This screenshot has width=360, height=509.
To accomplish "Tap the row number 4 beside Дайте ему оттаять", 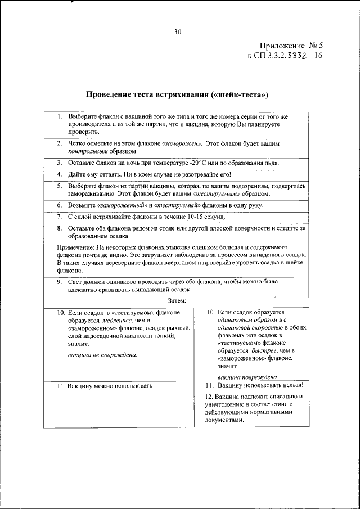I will [x=60, y=174].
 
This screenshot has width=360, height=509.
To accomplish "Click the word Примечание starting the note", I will [x=76, y=247].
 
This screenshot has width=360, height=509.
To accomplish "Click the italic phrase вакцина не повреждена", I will [x=102, y=355].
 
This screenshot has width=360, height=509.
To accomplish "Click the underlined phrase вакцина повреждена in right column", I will [x=247, y=377].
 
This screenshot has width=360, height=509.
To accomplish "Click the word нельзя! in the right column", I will [x=291, y=386].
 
